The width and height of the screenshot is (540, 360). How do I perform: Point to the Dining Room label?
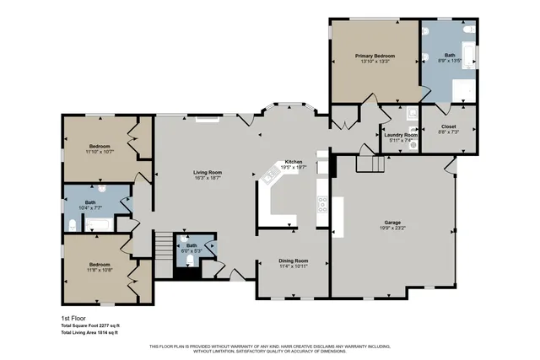(x=293, y=261)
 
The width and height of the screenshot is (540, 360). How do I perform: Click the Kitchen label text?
(x=293, y=161)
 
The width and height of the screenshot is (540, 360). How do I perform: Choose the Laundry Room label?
(x=400, y=135)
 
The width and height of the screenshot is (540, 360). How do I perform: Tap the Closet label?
(x=448, y=126)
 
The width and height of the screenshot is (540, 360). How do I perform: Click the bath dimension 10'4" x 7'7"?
(x=89, y=207)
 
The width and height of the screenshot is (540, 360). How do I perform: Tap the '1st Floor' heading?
(x=73, y=318)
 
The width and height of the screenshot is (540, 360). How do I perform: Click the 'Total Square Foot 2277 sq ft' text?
(x=90, y=325)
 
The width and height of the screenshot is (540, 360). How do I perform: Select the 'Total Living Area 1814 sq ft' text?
(x=90, y=333)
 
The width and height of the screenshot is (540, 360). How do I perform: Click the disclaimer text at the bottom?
(x=270, y=349)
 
